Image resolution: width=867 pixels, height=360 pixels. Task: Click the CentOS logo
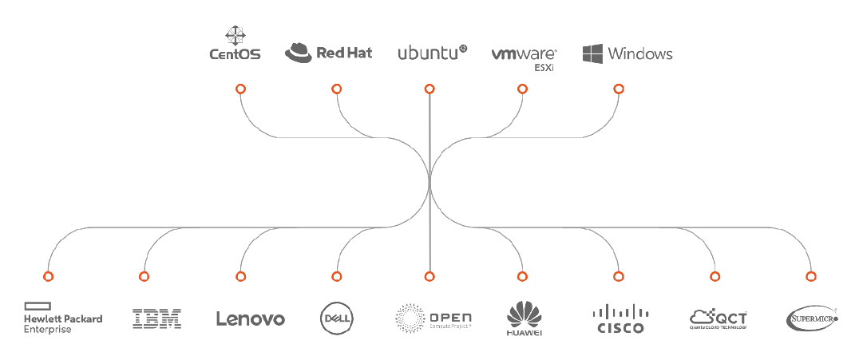pos(235,45)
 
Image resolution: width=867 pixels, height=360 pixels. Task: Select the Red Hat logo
pos(328,53)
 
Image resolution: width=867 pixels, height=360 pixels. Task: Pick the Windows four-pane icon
pos(592,53)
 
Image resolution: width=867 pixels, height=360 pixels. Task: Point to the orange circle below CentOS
pos(240,89)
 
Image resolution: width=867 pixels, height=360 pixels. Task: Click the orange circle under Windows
pos(618,89)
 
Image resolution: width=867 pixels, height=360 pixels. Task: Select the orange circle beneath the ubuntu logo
pos(430,89)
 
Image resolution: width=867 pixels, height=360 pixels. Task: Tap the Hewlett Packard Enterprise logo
pos(63,318)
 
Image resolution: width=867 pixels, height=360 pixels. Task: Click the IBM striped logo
pos(156,318)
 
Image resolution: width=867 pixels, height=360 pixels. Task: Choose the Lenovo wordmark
pos(250,318)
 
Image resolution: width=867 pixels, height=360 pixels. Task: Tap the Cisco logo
pos(620,318)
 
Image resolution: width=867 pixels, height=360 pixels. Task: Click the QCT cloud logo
pos(719,318)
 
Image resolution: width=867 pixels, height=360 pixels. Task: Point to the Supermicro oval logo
pos(812,318)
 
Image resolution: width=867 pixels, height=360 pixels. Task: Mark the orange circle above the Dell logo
pos(337,276)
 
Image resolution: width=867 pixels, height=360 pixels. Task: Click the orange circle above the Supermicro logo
pos(811,276)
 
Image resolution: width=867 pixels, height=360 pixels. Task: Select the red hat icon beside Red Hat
pos(299,53)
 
